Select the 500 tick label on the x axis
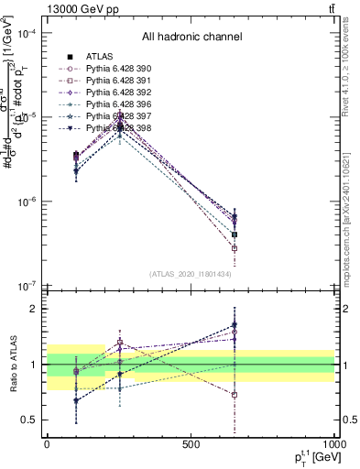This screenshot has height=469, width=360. [191, 444]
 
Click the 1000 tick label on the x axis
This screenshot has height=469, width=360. [333, 444]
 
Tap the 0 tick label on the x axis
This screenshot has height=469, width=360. [47, 444]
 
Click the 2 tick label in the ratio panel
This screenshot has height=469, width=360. [34, 309]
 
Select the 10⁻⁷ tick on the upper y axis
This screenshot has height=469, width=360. [27, 286]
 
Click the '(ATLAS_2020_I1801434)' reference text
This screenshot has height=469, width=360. [191, 275]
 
